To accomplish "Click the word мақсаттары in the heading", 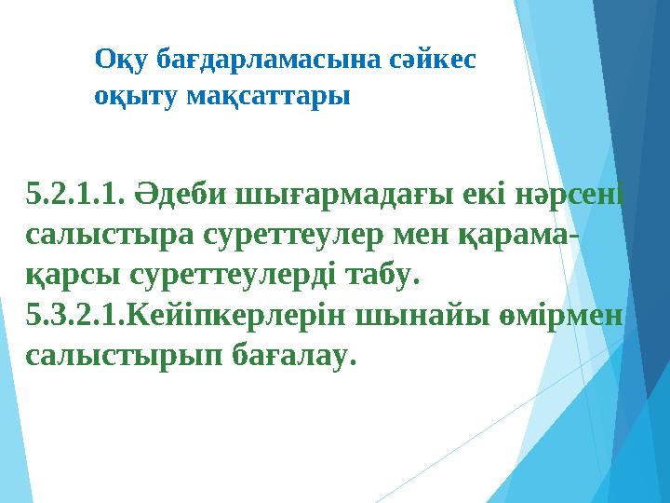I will point(267,96).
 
